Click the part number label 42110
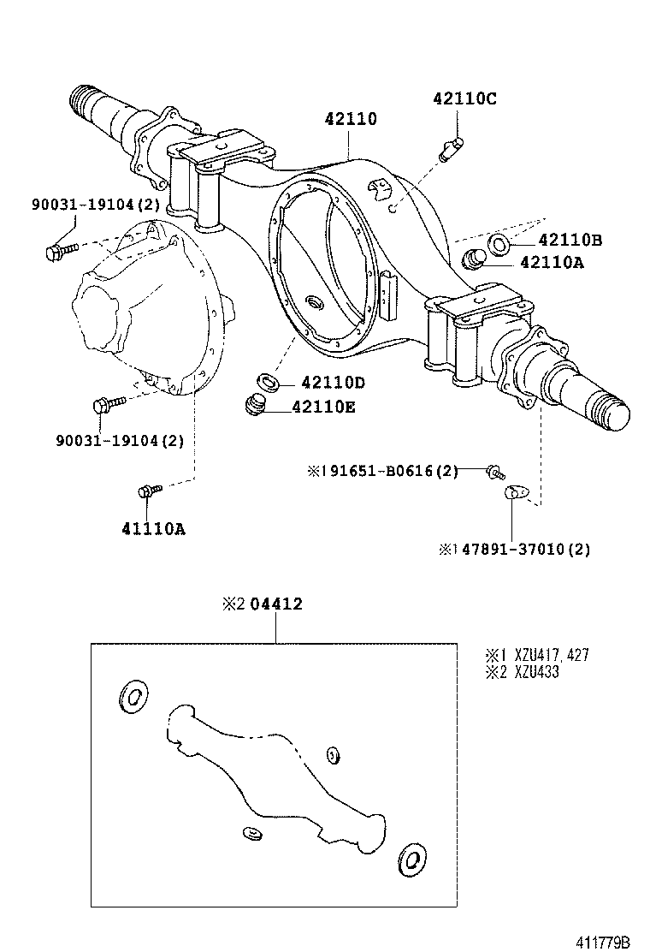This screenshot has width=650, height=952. pos(350,119)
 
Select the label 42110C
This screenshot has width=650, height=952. pos(464,98)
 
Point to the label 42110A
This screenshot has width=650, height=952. pos(552,264)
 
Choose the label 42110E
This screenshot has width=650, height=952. pos(322,407)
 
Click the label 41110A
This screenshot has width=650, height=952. pos(153,528)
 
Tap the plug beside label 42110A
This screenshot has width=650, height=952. pos(474,258)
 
